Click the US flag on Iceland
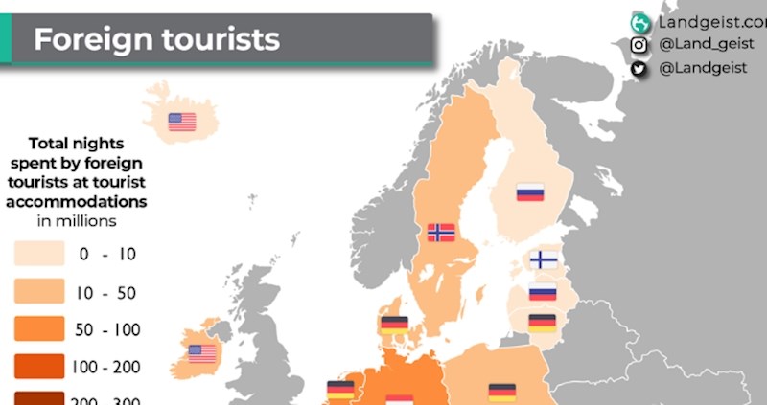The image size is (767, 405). [181, 122]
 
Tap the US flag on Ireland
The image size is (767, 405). [202, 352]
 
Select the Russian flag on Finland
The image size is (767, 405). [530, 191]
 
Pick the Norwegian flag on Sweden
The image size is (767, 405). [441, 232]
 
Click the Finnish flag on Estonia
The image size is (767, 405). [544, 259]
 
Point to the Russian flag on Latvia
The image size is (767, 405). [543, 292]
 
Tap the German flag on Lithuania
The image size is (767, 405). [542, 323]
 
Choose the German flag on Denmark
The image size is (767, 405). [394, 324]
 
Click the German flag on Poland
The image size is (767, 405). [502, 391]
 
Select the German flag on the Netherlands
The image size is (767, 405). [340, 389]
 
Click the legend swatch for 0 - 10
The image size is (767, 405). [39, 254]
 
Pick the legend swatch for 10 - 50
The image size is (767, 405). [39, 291]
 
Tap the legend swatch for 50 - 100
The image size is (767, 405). [39, 329]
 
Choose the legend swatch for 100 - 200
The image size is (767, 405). [39, 366]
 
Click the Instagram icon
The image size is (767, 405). [639, 45]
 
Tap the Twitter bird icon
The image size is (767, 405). [639, 68]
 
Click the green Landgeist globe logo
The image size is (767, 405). [639, 22]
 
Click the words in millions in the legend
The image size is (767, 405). [77, 221]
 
